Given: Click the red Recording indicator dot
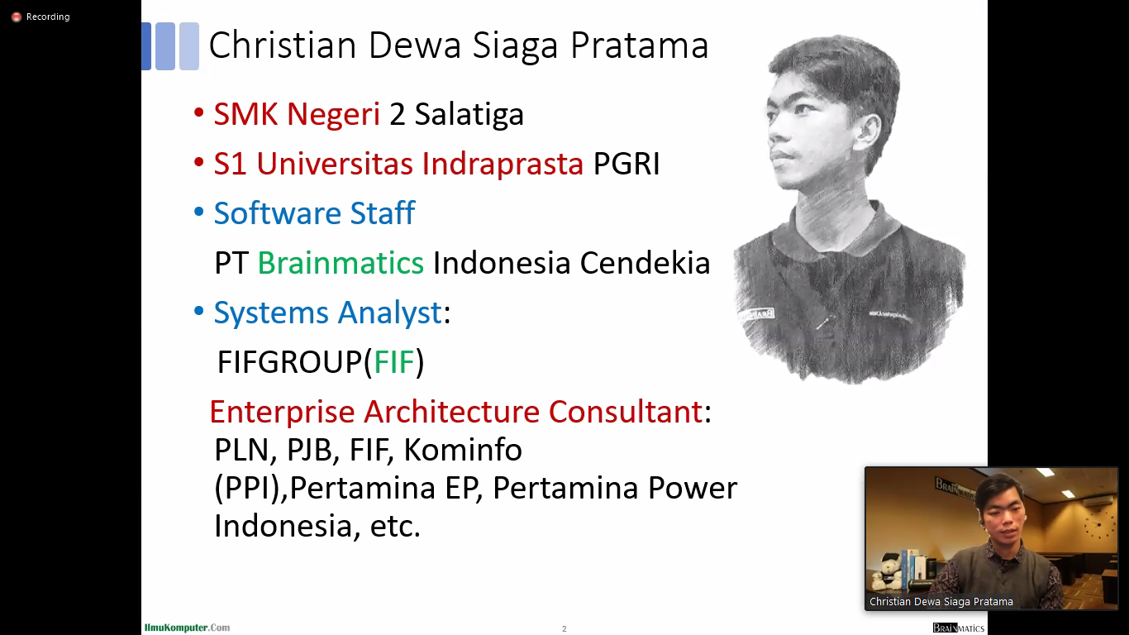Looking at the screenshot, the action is coord(17,17).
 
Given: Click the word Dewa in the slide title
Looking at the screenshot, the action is coord(415,45).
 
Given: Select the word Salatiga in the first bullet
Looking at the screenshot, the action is coord(469,114).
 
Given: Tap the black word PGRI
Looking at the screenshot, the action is coord(626,164).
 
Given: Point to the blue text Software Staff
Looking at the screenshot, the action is coord(315,212).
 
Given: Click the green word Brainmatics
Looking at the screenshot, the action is coord(341,263).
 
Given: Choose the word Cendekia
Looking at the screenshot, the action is coord(645,263).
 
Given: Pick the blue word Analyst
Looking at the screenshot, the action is coord(389,313).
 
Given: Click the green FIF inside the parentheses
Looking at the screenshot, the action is coord(394,362).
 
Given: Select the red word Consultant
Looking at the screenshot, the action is coord(626,412).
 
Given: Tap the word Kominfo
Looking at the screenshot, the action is coord(463,450).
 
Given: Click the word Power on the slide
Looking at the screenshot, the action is coord(693,488).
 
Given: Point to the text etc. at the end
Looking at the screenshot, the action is coord(395,526).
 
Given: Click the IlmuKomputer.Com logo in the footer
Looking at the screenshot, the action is coord(187,628).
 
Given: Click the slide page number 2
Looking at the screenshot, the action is coord(564,629).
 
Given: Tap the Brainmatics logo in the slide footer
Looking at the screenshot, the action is coord(958,628).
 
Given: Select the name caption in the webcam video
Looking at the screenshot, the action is coord(941,602).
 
